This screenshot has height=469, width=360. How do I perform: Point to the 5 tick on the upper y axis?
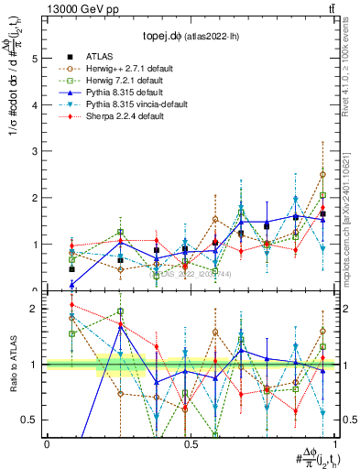35,58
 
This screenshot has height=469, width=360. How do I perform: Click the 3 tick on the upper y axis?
35,151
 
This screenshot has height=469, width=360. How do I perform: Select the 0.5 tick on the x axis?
190,445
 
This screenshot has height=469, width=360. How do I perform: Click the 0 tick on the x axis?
47,445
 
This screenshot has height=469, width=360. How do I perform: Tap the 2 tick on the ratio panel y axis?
35,309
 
